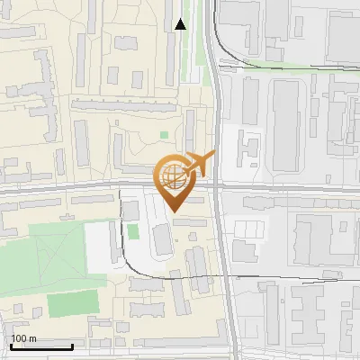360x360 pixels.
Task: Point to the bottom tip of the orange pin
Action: (173, 211)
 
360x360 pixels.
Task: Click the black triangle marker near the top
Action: (180, 24)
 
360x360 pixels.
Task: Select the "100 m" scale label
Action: (23, 338)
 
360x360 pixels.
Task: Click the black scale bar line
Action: (41, 346)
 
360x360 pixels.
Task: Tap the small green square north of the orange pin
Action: (164, 136)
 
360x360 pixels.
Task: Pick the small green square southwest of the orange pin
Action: (132, 231)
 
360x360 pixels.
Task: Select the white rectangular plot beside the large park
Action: (99, 244)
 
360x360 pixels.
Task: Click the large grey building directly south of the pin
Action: (163, 239)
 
